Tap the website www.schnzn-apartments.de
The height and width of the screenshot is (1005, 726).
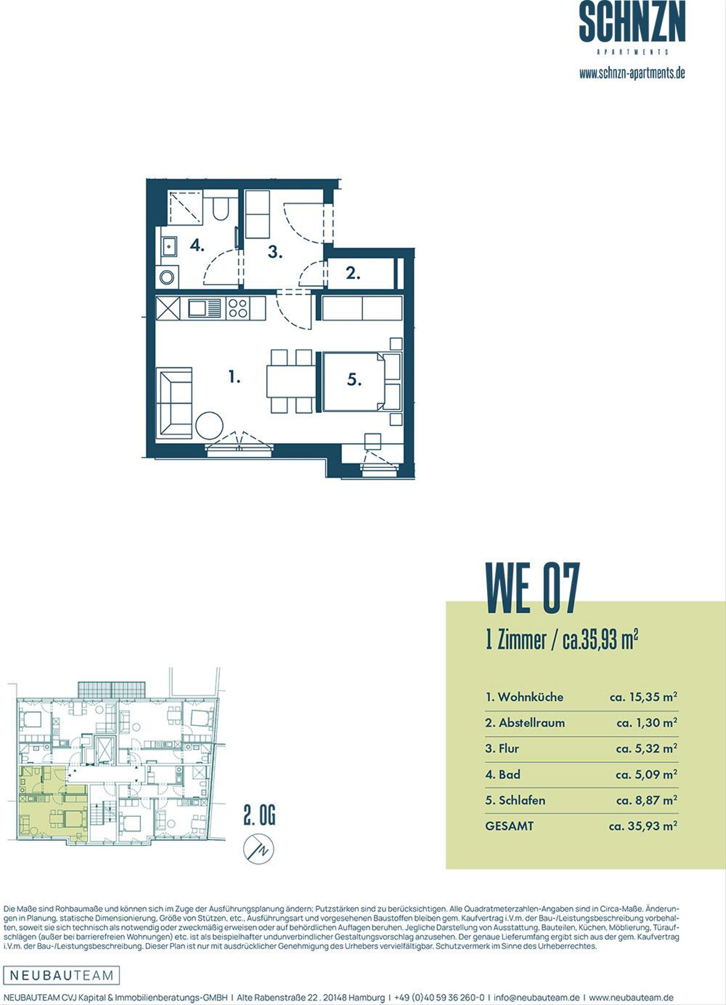click(632, 73)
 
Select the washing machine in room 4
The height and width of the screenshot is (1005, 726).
click(167, 277)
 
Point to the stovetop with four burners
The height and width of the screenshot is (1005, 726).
click(237, 308)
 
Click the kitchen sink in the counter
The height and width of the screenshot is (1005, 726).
click(204, 308)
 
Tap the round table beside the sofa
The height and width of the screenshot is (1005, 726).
click(209, 425)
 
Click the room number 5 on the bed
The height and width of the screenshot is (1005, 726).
click(355, 380)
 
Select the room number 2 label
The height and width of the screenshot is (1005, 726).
click(353, 273)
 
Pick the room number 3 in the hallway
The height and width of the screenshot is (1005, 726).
click(275, 252)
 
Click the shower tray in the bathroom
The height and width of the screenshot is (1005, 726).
click(185, 207)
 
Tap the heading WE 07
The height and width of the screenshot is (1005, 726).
click(533, 588)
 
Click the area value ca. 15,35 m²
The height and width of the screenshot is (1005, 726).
click(643, 697)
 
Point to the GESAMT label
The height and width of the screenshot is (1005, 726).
click(509, 826)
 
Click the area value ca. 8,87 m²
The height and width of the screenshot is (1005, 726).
click(646, 800)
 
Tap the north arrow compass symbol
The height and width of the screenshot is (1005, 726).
click(259, 849)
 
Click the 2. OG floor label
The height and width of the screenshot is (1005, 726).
click(260, 816)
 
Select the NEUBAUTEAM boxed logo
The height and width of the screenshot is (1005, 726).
click(62, 975)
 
